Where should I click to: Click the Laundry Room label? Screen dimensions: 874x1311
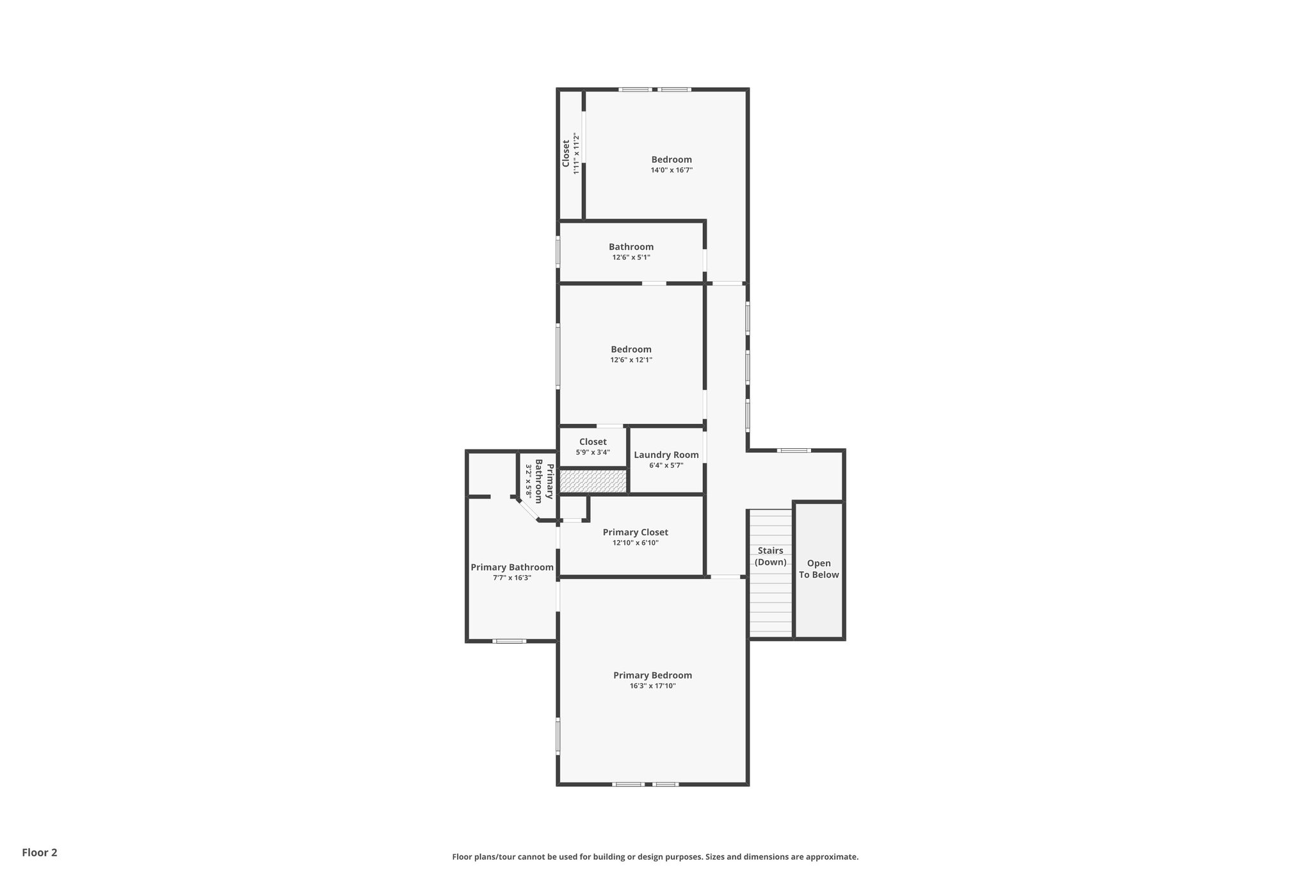coord(666,455)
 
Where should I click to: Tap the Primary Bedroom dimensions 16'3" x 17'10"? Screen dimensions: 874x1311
coord(652,686)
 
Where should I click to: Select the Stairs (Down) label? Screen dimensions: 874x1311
coord(770,556)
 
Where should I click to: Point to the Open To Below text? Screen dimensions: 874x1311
coord(819,569)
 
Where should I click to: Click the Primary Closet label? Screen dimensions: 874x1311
coord(635,532)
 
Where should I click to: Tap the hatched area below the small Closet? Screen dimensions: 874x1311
coord(593,482)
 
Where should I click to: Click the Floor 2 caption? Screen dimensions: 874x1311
coord(40,852)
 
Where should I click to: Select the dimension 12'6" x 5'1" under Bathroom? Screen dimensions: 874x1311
coord(631,257)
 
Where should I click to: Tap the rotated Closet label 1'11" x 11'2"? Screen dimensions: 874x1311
coord(570,154)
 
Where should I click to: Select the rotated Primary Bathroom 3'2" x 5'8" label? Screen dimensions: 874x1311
coord(535,481)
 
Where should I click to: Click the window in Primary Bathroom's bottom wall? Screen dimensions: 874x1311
coord(510,641)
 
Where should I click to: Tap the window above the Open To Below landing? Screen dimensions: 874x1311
coord(794,451)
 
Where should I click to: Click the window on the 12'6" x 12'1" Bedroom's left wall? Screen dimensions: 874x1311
coord(558,356)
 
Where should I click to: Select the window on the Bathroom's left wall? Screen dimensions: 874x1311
coord(558,252)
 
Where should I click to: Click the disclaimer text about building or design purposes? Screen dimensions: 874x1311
coord(655,857)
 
